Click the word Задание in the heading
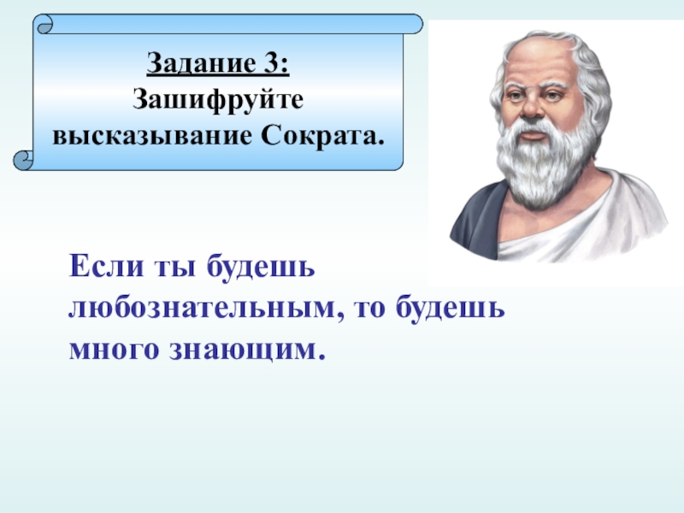click(202, 63)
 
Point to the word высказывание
click(152, 136)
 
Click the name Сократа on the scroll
click(322, 135)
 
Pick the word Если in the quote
click(106, 266)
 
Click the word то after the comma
click(370, 309)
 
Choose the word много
click(114, 350)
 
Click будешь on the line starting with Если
click(261, 267)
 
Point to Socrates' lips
click(533, 135)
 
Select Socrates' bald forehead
click(538, 61)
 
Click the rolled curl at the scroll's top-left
click(44, 25)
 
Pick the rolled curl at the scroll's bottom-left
click(24, 160)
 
